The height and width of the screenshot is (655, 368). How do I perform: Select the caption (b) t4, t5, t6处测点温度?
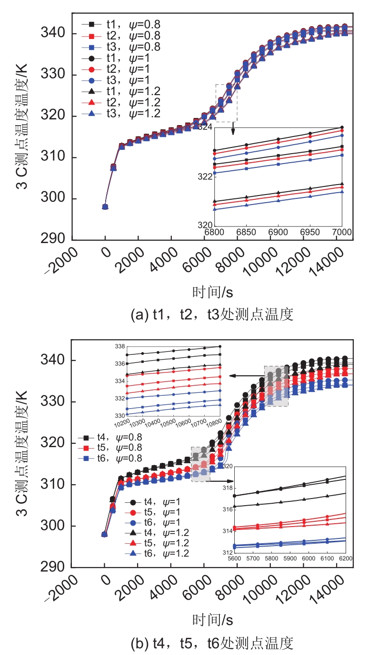tap(212, 643)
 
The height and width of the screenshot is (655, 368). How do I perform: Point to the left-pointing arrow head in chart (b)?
tap(232, 376)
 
